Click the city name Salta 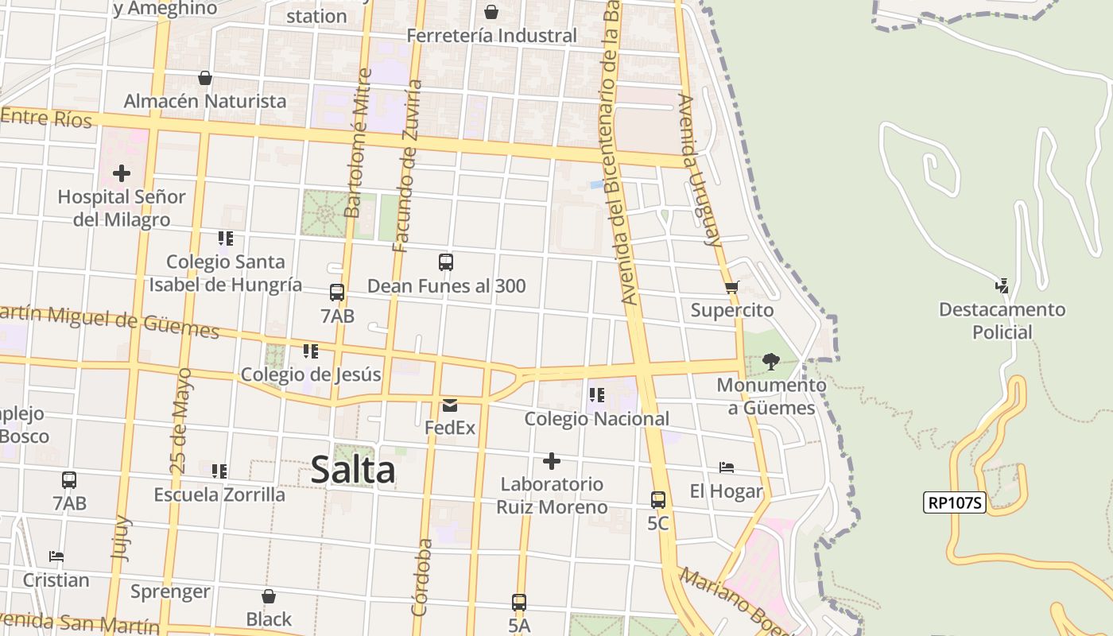tap(353, 469)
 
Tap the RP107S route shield tap(954, 502)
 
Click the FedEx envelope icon tap(450, 405)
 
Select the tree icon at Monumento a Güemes tap(770, 362)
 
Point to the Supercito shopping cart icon tap(731, 287)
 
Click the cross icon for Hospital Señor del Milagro tap(122, 173)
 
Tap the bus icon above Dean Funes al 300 tap(446, 262)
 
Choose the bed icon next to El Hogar tap(726, 467)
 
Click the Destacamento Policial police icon tap(1002, 286)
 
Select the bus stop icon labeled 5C tap(658, 500)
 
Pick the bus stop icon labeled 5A tap(519, 603)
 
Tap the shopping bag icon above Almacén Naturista tap(205, 78)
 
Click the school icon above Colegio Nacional tap(597, 395)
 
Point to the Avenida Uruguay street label tap(699, 170)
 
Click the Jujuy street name tap(122, 539)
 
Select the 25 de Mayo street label tap(180, 420)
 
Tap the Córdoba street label tap(422, 578)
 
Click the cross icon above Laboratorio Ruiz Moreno tap(552, 461)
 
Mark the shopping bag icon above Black tap(269, 596)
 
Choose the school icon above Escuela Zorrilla tap(219, 471)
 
